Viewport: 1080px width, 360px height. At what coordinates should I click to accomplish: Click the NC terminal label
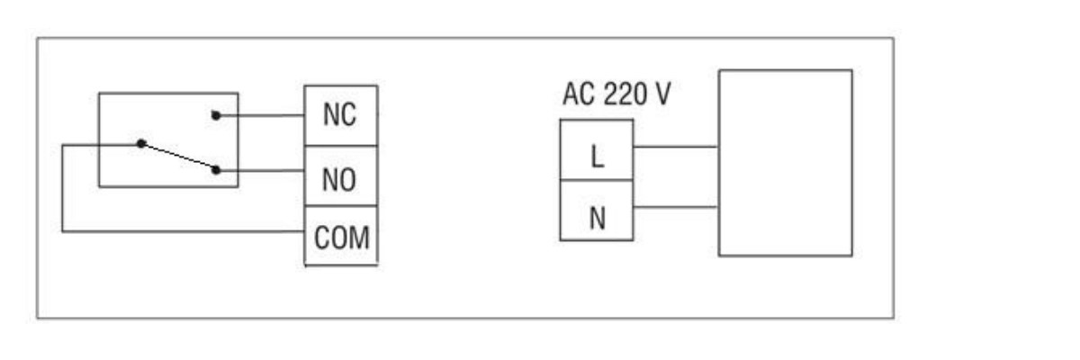[340, 116]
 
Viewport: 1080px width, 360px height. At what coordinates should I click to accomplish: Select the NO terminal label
[340, 180]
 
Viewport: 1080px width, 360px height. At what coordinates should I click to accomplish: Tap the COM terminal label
[341, 238]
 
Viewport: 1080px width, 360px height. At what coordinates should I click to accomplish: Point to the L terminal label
[597, 157]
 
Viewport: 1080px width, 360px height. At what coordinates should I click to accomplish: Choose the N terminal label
[597, 219]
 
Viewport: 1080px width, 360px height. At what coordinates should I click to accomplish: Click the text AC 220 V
[616, 94]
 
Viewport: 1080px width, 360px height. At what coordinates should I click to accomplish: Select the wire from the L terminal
[675, 146]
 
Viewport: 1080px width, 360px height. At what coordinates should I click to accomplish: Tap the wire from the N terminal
[675, 208]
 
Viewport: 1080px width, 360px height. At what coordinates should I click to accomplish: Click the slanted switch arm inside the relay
[178, 156]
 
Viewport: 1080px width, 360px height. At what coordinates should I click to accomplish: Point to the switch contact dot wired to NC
[216, 115]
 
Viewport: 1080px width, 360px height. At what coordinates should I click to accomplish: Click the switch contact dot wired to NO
[217, 169]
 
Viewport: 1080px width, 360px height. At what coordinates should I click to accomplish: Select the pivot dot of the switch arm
[140, 143]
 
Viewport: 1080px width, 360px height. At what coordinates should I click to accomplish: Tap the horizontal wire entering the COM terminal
[180, 231]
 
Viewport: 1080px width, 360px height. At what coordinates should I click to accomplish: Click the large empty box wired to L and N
[785, 163]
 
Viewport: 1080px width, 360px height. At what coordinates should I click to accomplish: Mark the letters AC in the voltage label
[577, 94]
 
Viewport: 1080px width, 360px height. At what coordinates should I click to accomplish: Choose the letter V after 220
[661, 94]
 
